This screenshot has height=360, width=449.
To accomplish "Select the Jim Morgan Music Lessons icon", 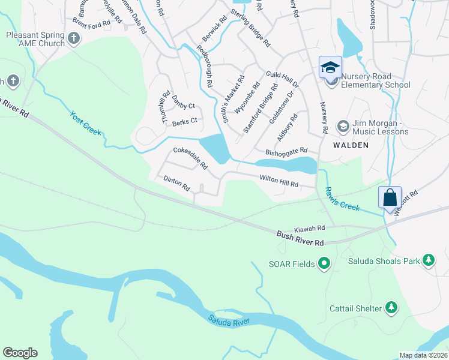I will (x=343, y=126).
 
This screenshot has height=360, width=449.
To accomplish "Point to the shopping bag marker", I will (x=390, y=197).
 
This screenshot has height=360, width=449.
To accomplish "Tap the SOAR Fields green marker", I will (x=324, y=263).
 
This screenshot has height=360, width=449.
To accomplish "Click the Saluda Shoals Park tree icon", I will (x=428, y=260).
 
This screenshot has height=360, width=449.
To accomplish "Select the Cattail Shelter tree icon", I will (x=391, y=308).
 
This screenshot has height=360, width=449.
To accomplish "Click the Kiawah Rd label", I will (x=309, y=229).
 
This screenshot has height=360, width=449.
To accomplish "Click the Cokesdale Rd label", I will (x=190, y=157).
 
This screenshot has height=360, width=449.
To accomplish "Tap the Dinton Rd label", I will (x=176, y=182).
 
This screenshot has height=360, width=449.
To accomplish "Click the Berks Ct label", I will (x=184, y=121).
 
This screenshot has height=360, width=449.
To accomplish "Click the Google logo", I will (x=20, y=353).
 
